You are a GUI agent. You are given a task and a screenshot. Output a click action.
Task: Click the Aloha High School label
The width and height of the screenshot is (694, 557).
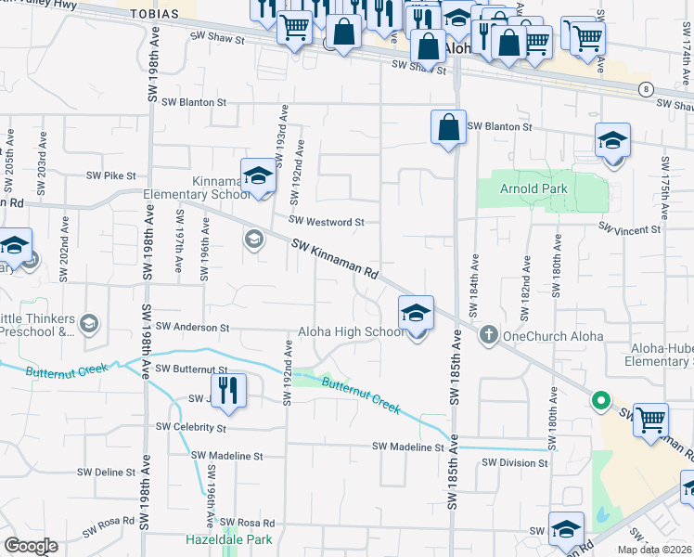pyautogui.click(x=351, y=332)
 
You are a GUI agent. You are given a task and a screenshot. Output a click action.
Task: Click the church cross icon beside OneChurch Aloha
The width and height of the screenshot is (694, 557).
pyautogui.click(x=490, y=335)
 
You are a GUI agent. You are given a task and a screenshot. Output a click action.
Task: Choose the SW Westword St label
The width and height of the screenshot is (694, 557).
pyautogui.click(x=327, y=222)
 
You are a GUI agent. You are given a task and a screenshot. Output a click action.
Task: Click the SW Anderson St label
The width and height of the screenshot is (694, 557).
pyautogui.click(x=192, y=327)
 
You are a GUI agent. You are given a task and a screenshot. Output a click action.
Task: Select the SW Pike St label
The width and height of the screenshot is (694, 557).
pyautogui.click(x=111, y=175)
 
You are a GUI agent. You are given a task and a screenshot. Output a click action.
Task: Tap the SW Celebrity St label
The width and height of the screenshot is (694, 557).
pyautogui.click(x=191, y=427)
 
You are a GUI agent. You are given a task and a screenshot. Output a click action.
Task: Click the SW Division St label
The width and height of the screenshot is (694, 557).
pyautogui.click(x=512, y=462)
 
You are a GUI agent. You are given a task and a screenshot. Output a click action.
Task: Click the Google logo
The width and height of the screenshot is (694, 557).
pyautogui.click(x=31, y=546)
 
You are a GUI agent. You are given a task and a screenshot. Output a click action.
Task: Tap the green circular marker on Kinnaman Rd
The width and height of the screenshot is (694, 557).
pyautogui.click(x=601, y=402)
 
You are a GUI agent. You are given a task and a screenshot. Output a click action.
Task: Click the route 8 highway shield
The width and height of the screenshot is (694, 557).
pyautogui.click(x=644, y=89)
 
